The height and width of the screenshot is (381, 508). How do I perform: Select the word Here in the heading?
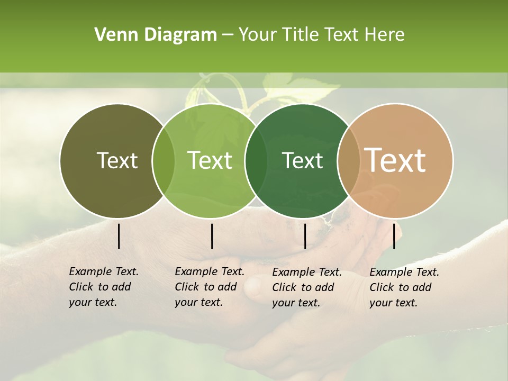385,35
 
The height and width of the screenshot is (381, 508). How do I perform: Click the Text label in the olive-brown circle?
117,160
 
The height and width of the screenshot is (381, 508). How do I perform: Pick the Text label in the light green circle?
210,160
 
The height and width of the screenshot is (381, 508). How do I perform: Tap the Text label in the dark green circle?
302,160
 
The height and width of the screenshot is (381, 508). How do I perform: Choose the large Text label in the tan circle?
395,160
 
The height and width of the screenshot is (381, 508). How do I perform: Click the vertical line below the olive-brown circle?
119,236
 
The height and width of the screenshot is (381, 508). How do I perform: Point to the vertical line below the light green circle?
212,236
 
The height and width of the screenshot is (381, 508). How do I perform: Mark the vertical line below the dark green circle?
305,236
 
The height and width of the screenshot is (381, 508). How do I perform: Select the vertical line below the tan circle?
394,236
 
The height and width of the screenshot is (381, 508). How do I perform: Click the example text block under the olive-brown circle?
103,287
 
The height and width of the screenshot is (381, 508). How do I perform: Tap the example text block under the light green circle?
209,287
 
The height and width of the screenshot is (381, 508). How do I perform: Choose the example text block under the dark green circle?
306,287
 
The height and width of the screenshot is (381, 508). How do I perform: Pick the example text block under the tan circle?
404,287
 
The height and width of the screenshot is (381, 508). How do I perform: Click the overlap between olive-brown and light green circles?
164,160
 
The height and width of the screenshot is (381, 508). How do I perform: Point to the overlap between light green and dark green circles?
256,160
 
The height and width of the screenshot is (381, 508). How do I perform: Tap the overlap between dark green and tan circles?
349,160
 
